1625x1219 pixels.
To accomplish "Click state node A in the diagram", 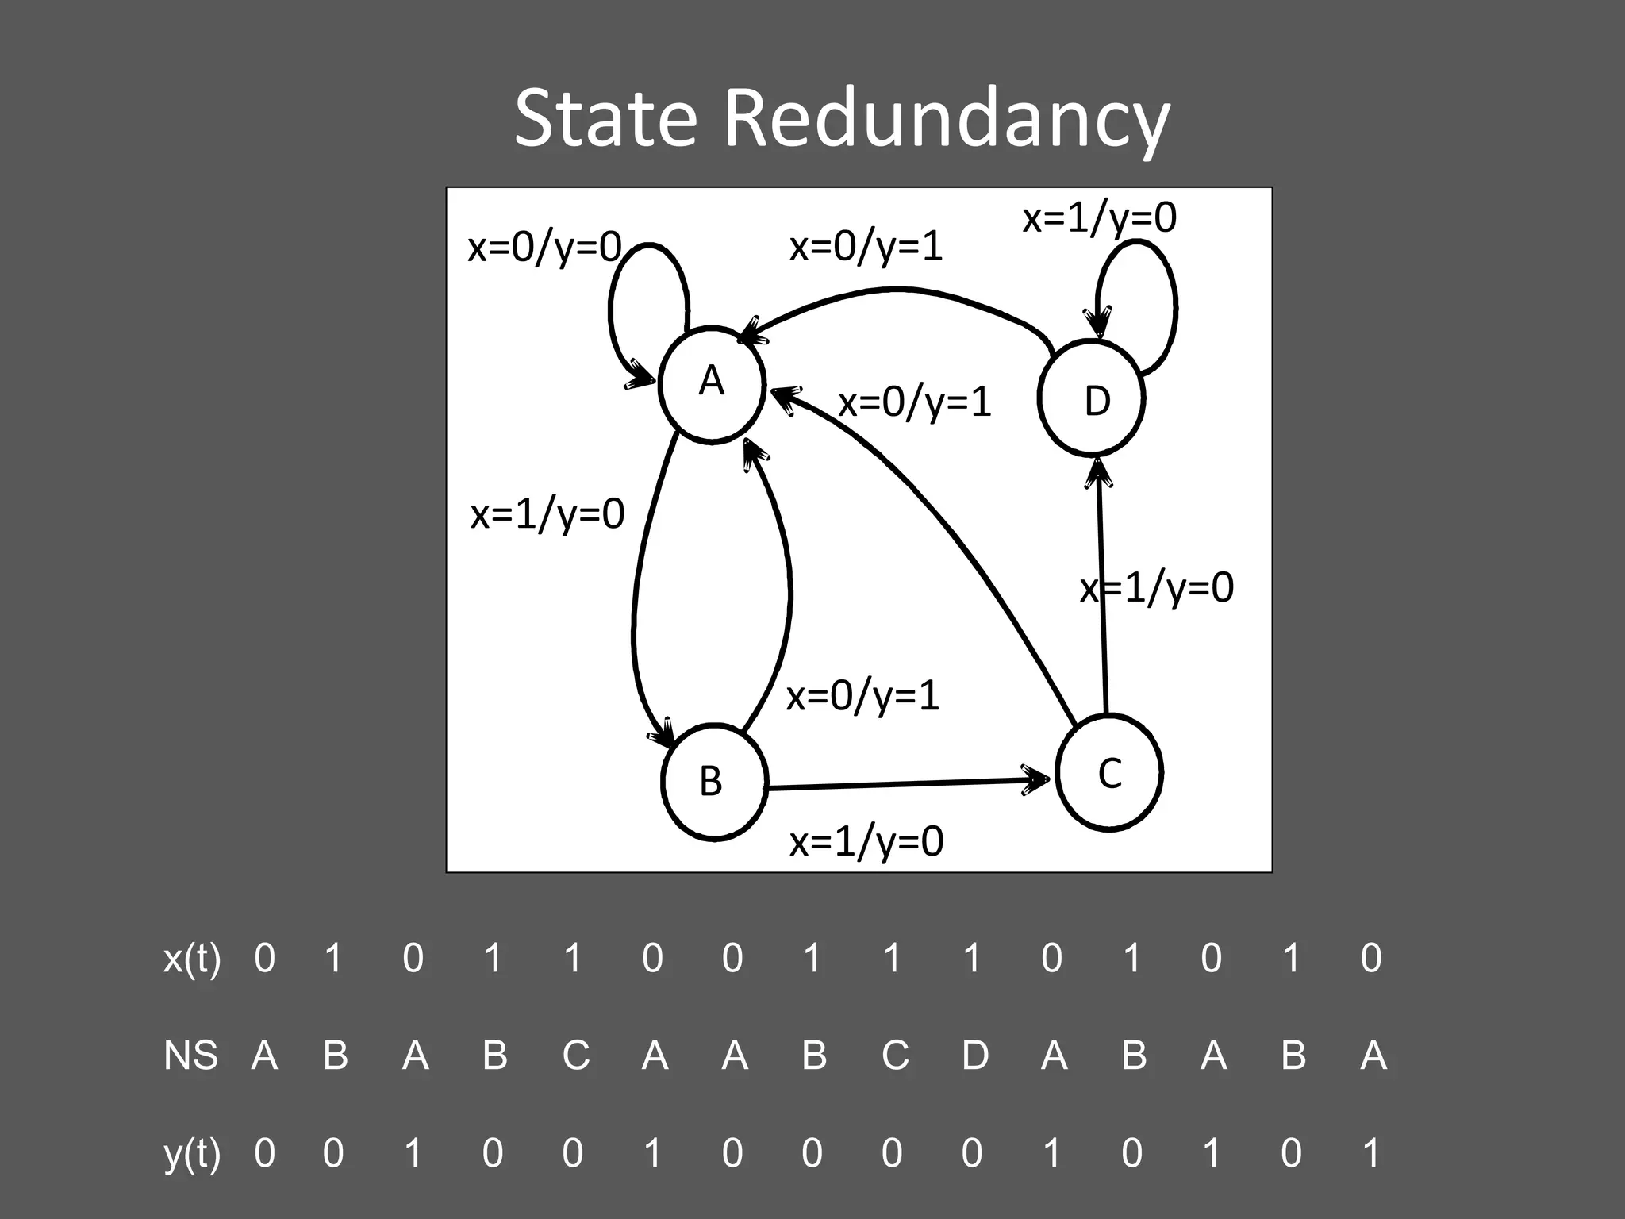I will coord(712,383).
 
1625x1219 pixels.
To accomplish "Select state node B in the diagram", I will coord(714,782).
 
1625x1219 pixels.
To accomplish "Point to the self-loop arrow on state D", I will coord(1171,302).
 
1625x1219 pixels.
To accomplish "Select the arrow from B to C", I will coord(905,784).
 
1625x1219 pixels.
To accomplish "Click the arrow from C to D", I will coord(1102,587).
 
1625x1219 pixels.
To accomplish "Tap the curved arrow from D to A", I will coord(897,291).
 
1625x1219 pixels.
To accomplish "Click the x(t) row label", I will coord(192,958).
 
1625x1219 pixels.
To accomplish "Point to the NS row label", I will coord(190,1056).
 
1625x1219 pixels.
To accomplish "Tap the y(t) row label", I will coord(192,1153).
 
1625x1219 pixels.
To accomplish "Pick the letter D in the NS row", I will coord(974,1056).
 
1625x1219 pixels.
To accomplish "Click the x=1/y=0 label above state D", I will coord(1099,217).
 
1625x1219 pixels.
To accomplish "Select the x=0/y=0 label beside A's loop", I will coord(544,248).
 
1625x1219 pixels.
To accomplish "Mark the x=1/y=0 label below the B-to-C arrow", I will coord(866,841).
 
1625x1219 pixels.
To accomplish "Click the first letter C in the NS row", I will coord(575,1056).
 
